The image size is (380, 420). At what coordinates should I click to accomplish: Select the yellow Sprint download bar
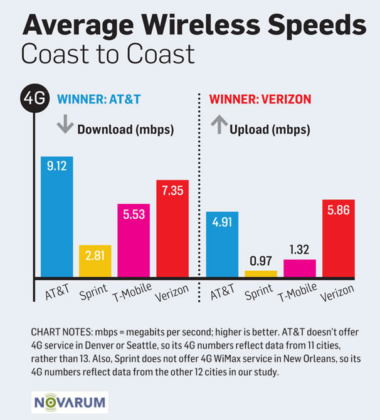(x=95, y=261)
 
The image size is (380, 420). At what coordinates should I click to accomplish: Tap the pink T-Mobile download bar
(x=134, y=241)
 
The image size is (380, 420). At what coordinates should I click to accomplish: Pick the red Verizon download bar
(x=172, y=229)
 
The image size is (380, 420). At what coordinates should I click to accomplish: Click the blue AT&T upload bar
(x=223, y=244)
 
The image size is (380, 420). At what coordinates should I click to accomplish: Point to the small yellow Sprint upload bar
(x=261, y=273)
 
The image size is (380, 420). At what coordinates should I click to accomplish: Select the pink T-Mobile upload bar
(x=300, y=268)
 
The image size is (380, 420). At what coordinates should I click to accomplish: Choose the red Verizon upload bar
(x=339, y=238)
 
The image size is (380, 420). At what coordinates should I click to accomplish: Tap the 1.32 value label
(x=300, y=249)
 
